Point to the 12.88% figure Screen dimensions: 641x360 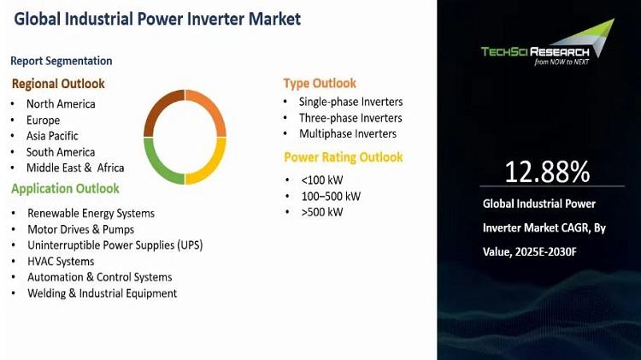click(x=547, y=172)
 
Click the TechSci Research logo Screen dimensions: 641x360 click(x=548, y=42)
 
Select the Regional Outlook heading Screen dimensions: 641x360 click(x=58, y=84)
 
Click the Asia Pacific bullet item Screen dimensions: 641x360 click(x=52, y=136)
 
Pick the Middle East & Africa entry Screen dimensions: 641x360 click(x=75, y=168)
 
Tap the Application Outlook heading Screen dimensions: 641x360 click(x=66, y=189)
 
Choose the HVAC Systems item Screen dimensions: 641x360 click(x=61, y=262)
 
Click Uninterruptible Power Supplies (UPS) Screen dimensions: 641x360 click(x=115, y=245)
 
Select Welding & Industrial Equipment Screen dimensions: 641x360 click(x=103, y=293)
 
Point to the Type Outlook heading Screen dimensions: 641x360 click(x=320, y=84)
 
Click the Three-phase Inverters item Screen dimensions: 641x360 click(x=350, y=118)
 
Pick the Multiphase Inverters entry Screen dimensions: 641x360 click(x=348, y=133)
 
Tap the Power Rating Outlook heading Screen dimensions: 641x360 click(x=344, y=157)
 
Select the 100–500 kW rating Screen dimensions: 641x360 click(x=331, y=197)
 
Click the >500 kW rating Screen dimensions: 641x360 click(x=322, y=212)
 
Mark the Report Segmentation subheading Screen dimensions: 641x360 click(x=62, y=61)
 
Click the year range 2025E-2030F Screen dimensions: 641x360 click(x=546, y=251)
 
